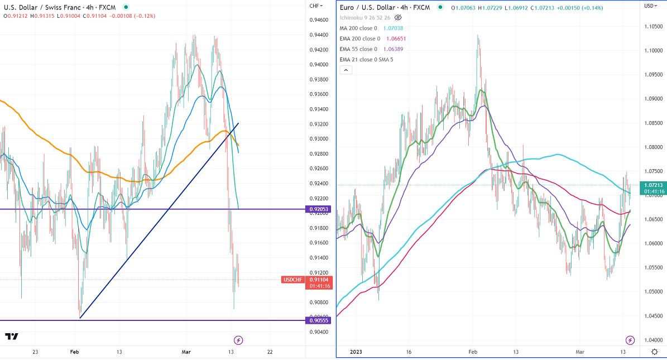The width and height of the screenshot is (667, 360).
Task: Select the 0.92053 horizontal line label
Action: coord(319,209)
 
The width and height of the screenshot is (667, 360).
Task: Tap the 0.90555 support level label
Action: coord(319,320)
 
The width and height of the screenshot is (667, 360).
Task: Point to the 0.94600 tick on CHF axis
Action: coord(319,20)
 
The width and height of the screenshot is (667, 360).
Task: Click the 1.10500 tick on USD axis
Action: coord(654,27)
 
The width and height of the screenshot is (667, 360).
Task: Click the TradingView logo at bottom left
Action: coord(12,337)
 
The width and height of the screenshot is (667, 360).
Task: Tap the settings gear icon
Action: coord(655,352)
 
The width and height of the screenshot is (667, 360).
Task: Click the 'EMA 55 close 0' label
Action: coord(358,49)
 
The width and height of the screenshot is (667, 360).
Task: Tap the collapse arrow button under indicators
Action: coord(346,70)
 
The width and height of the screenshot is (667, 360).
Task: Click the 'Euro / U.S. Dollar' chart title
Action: coord(371,7)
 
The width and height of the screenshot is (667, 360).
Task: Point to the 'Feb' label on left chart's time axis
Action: coord(74,352)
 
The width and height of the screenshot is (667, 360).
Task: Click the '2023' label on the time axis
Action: coord(356,352)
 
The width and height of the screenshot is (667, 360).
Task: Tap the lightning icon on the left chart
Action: coord(238,340)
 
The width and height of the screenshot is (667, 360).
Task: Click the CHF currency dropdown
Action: coord(316,6)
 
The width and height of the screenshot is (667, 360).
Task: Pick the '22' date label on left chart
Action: coord(270,352)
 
